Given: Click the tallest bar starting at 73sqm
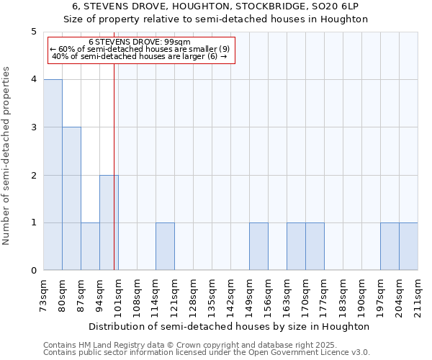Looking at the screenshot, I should tap(53, 175).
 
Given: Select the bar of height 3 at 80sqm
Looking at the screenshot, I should tap(71, 199).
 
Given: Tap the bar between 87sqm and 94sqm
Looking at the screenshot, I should tap(90, 246).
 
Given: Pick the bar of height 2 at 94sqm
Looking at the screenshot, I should tap(109, 222).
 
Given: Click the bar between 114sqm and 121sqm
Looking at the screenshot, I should tap(165, 246).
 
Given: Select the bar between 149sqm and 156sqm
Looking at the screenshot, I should tap(258, 246).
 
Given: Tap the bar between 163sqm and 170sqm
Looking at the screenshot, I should tap(296, 246).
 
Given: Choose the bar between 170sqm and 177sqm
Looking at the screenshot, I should tap(315, 246).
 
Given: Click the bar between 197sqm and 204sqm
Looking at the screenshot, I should tap(390, 246).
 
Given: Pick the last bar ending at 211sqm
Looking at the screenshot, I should tap(408, 246).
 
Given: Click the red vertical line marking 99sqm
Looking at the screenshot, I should tap(114, 180).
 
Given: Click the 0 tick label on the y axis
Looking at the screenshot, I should tap(33, 271).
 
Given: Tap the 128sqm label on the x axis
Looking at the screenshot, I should tap(193, 293).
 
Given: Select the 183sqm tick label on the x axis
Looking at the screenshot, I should tap(343, 293).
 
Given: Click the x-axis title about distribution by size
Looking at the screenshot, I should tap(230, 326).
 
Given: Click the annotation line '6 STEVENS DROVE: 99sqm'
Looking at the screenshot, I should tap(140, 42).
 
